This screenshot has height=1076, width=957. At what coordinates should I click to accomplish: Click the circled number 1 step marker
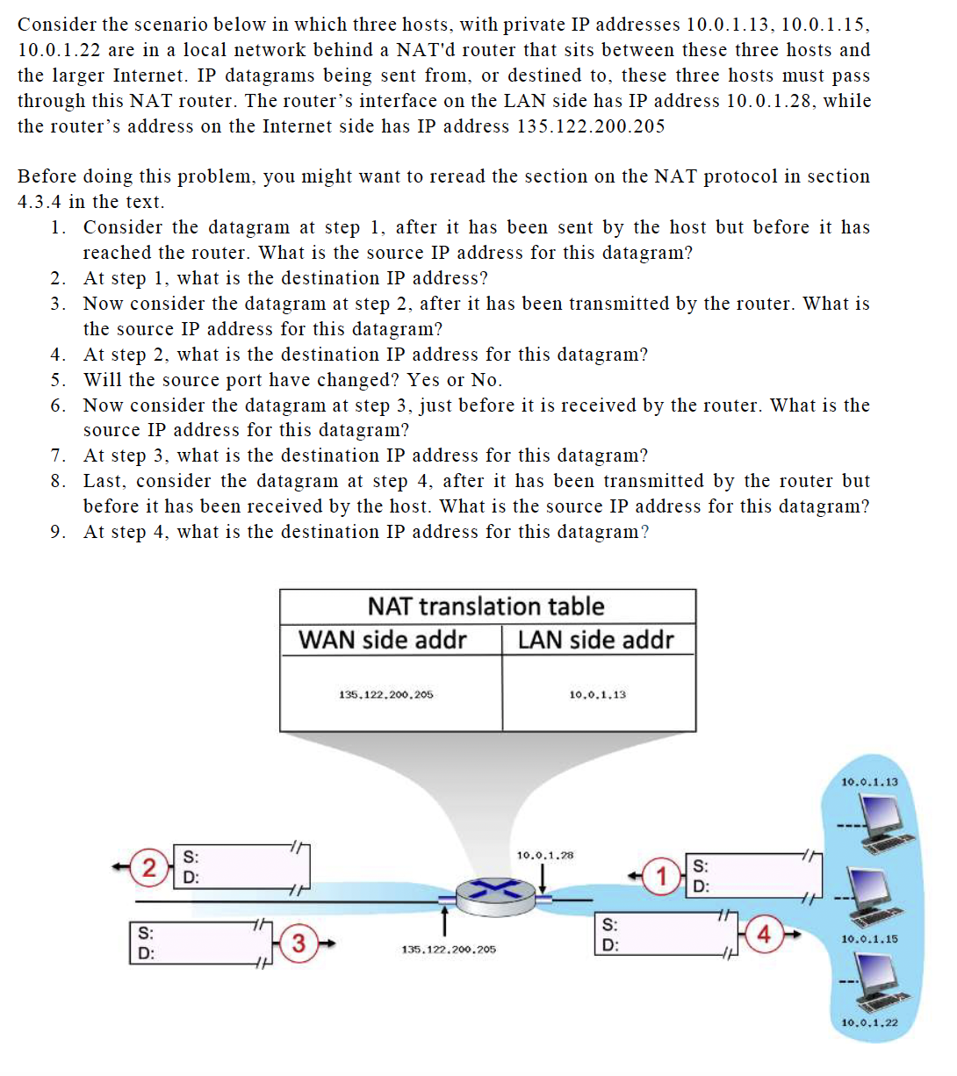tap(661, 876)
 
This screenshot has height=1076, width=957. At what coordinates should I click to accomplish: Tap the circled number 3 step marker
tap(299, 943)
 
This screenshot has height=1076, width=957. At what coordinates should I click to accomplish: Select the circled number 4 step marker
tap(763, 935)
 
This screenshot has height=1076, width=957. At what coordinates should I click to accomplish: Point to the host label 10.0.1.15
tap(869, 939)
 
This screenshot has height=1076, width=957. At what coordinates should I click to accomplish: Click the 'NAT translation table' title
tap(486, 606)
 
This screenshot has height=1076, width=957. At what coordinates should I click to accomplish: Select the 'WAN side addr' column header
tap(383, 640)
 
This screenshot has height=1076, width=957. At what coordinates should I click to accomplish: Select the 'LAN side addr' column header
tap(595, 640)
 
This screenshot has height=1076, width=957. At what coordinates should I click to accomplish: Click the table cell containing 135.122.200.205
tap(385, 694)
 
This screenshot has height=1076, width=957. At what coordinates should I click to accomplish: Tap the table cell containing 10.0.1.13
tap(597, 694)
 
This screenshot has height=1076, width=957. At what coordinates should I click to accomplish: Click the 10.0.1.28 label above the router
tap(544, 855)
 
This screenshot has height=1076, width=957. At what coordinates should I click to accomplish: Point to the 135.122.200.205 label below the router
tap(448, 950)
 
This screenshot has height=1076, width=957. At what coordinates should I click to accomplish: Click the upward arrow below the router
tap(445, 921)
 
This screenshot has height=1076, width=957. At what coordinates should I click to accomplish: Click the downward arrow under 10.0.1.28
tap(544, 875)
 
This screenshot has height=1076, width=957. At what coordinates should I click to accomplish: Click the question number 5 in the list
tap(57, 380)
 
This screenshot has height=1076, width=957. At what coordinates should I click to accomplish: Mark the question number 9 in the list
tap(57, 532)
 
